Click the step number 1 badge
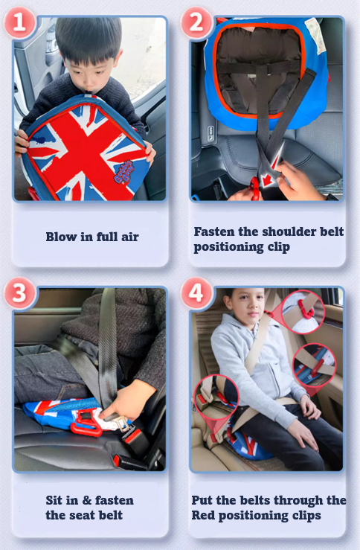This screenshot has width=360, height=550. (19, 22)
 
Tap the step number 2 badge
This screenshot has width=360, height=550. (196, 22)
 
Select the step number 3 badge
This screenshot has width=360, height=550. (19, 292)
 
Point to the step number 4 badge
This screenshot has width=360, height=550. (196, 292)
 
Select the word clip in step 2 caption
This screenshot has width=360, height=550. (279, 247)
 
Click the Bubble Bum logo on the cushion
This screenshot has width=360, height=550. (124, 171)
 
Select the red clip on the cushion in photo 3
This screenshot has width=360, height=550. (86, 423)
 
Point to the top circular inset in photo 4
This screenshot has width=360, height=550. (303, 312)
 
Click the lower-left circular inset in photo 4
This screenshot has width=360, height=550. (216, 397)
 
